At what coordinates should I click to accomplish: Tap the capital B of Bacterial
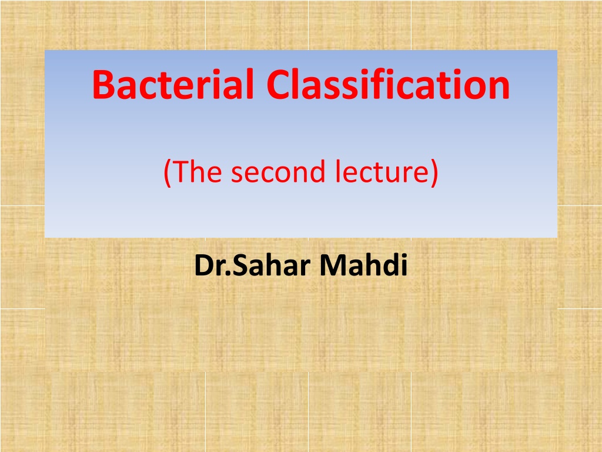coord(103,84)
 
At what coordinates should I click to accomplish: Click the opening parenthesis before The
coord(167,173)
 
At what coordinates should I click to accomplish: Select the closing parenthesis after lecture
coord(434,173)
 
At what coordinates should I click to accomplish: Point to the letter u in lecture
coord(395,175)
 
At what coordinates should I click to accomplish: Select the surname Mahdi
coord(363,265)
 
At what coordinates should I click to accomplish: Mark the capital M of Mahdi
coord(332,265)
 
